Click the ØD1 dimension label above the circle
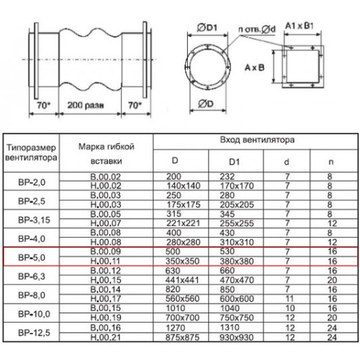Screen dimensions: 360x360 click(207, 28)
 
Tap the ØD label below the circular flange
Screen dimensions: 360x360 click(206, 104)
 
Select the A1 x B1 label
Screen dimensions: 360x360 click(299, 26)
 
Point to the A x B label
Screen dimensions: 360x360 click(254, 68)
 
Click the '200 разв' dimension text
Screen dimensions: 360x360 click(86, 105)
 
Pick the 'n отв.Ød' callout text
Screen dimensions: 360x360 click(257, 30)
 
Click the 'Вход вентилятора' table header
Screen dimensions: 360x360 click(257, 140)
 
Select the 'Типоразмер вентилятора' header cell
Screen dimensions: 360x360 click(31, 153)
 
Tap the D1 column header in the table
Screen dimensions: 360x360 click(234, 162)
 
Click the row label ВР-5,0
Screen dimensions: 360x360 click(32, 258)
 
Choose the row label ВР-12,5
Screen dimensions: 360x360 click(34, 333)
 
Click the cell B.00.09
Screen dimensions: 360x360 click(105, 251)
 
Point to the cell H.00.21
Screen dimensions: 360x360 click(105, 338)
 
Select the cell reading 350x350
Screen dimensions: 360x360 click(183, 261)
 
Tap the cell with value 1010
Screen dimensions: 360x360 click(176, 308)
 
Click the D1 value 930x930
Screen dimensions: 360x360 click(237, 338)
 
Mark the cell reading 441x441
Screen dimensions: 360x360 click(182, 280)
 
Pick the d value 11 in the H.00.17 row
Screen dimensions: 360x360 click(289, 299)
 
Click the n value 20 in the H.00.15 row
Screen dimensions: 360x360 click(332, 280)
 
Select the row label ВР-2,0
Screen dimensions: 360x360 click(32, 182)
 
